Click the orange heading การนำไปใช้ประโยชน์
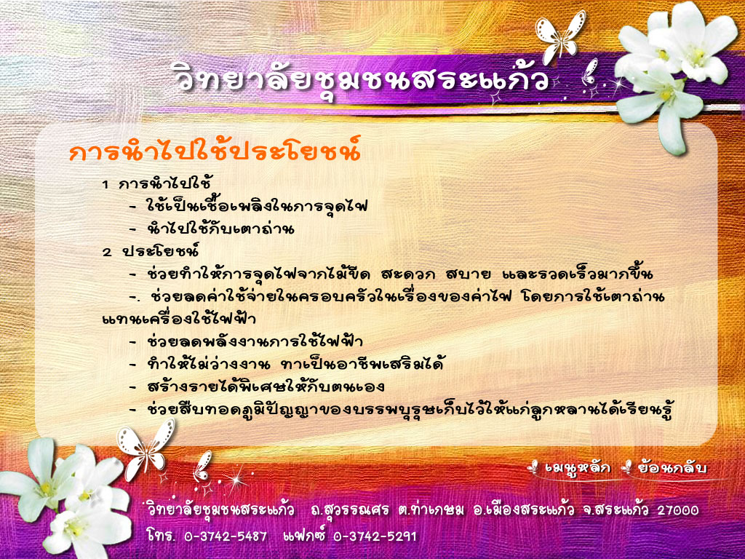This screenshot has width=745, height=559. pyautogui.click(x=215, y=150)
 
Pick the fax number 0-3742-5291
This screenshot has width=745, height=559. pyautogui.click(x=375, y=536)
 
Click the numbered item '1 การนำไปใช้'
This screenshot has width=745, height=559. pyautogui.click(x=157, y=183)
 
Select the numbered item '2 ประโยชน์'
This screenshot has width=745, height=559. pyautogui.click(x=151, y=250)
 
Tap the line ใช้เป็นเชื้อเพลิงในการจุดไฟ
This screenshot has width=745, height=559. pyautogui.click(x=257, y=205)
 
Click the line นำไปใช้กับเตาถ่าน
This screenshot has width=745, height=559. pyautogui.click(x=220, y=229)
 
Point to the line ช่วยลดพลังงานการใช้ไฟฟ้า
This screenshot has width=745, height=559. pyautogui.click(x=255, y=341)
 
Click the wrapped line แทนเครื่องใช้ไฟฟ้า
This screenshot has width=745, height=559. pyautogui.click(x=179, y=317)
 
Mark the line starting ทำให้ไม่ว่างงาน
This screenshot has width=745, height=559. pyautogui.click(x=295, y=364)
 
